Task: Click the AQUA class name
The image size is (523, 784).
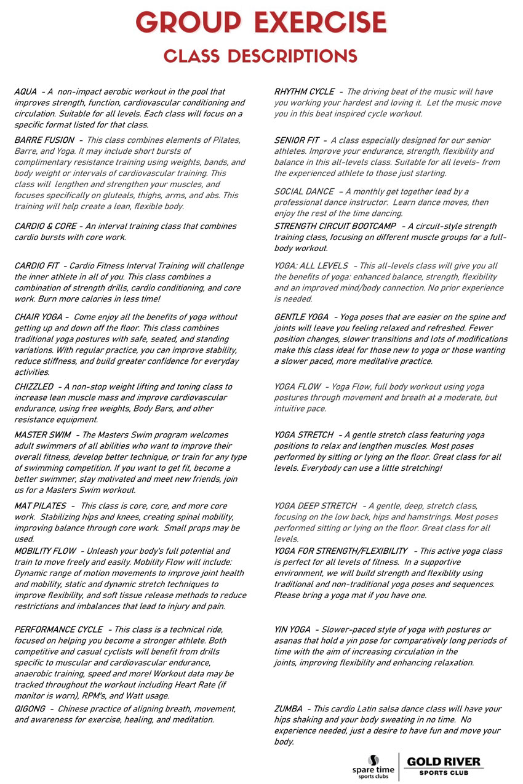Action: tap(25, 92)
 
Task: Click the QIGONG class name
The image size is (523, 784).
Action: tap(29, 709)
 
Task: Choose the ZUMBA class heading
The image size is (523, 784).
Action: tap(287, 709)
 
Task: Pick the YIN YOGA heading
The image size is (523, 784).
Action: tap(292, 630)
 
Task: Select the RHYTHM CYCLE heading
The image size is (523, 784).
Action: tap(304, 92)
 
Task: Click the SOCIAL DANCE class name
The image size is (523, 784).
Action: tap(304, 191)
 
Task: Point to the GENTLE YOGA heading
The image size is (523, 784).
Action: tap(301, 317)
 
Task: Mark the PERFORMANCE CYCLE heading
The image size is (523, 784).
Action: tap(58, 630)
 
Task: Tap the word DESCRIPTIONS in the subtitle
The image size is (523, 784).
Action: tap(290, 56)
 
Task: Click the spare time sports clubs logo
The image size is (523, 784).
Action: tap(373, 767)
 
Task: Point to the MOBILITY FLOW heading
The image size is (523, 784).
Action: tap(45, 551)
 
